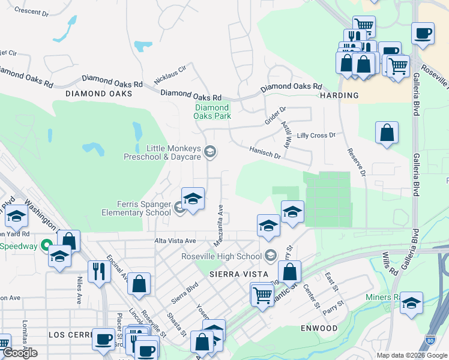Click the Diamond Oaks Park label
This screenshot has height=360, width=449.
pyautogui.click(x=212, y=112)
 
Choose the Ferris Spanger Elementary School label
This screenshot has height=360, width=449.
pyautogui.click(x=136, y=208)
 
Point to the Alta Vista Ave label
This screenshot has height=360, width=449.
pyautogui.click(x=174, y=241)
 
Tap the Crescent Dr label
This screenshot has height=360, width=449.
pyautogui.click(x=31, y=12)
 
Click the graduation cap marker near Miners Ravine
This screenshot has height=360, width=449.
pyautogui.click(x=411, y=303)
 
